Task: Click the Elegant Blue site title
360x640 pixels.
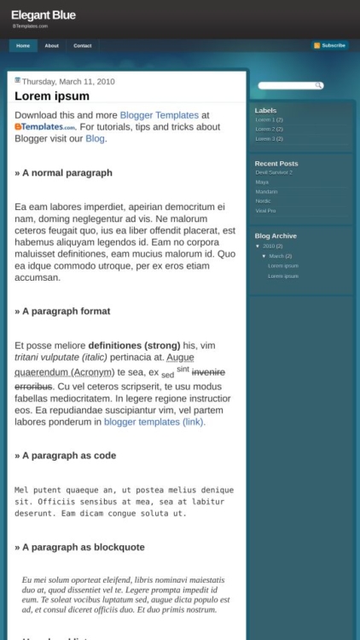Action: pyautogui.click(x=43, y=15)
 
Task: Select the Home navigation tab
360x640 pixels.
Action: pyautogui.click(x=23, y=45)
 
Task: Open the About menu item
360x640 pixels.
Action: pyautogui.click(x=51, y=45)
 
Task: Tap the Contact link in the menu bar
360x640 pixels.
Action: pyautogui.click(x=82, y=45)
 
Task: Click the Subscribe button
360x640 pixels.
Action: pyautogui.click(x=329, y=45)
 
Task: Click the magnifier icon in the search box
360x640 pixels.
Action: pyautogui.click(x=319, y=85)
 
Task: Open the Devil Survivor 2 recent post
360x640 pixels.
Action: pyautogui.click(x=273, y=172)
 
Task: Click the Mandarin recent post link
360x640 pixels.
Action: pyautogui.click(x=266, y=191)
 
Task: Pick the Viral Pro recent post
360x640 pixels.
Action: pyautogui.click(x=265, y=210)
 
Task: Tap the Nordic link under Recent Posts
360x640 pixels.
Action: pyautogui.click(x=263, y=201)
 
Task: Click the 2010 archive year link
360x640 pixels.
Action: pyautogui.click(x=269, y=246)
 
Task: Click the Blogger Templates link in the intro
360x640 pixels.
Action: pyautogui.click(x=159, y=115)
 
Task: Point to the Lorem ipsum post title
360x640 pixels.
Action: pyautogui.click(x=52, y=96)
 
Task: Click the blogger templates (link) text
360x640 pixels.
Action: pyautogui.click(x=154, y=422)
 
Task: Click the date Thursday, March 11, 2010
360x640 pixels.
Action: pyautogui.click(x=68, y=81)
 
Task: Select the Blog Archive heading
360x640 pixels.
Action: pyautogui.click(x=276, y=236)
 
